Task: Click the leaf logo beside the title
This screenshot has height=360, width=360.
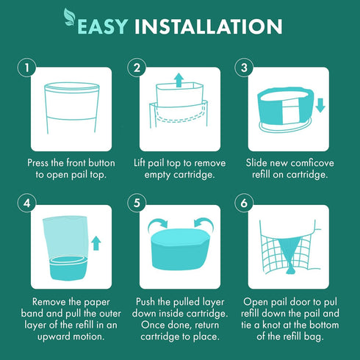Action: [70, 17]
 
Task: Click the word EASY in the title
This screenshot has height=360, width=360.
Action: [103, 26]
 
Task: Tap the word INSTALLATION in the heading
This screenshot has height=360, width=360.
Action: [209, 26]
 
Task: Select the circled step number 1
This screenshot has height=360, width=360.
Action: [27, 68]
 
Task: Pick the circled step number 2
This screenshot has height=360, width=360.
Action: [137, 68]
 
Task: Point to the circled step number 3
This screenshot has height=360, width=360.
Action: [244, 68]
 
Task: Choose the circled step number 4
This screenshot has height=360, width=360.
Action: [27, 203]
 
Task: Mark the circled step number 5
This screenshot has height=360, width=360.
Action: [137, 203]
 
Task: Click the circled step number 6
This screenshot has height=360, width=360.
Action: [244, 203]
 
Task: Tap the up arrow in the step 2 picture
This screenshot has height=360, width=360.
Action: [179, 80]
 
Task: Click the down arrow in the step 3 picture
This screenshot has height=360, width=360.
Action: [320, 105]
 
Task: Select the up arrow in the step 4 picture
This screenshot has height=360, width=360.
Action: [96, 243]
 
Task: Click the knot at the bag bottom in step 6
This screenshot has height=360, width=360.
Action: [291, 270]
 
